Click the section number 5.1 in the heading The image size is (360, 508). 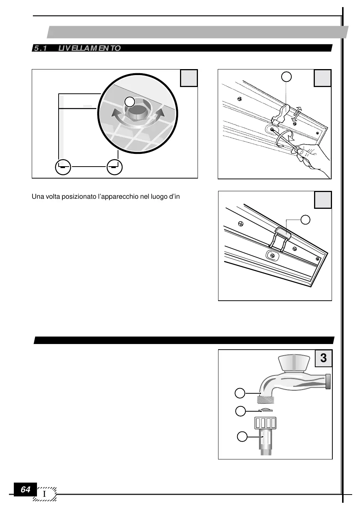(40, 48)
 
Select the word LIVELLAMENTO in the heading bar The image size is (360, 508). (90, 48)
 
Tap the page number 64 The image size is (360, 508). (25, 489)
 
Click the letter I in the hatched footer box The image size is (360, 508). (44, 494)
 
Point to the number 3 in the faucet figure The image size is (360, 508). (323, 358)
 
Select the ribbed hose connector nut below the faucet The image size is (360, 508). (266, 423)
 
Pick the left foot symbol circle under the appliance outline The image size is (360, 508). (63, 167)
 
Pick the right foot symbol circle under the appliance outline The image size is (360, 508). (114, 167)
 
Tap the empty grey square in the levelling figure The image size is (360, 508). (189, 78)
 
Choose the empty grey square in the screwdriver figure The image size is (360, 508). (322, 78)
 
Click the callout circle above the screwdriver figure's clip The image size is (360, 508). (286, 77)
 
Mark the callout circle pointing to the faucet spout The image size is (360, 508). (240, 393)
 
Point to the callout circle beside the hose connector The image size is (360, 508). (242, 436)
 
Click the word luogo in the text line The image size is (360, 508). (159, 196)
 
